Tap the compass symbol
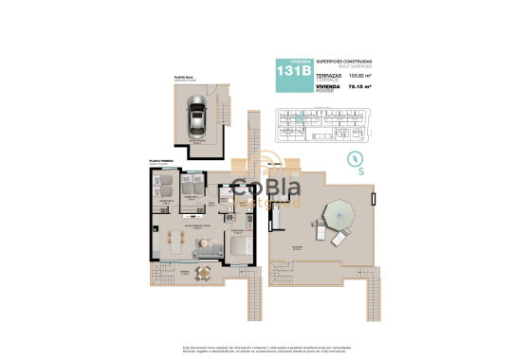(x=357, y=158)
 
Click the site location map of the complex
(x=323, y=122)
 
